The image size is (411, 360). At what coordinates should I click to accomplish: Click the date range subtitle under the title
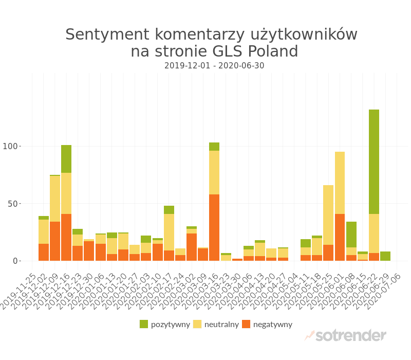[214, 66]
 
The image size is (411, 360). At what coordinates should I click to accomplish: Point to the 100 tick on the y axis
[10, 147]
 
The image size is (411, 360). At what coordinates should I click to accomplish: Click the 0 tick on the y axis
[15, 261]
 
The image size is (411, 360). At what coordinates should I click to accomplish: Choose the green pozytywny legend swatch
[144, 324]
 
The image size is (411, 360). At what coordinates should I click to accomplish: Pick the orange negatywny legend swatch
[246, 324]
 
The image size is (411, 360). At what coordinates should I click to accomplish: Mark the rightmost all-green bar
[385, 256]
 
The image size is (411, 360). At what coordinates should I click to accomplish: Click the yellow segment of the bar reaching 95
[340, 183]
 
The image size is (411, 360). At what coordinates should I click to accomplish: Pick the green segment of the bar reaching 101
[66, 159]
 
